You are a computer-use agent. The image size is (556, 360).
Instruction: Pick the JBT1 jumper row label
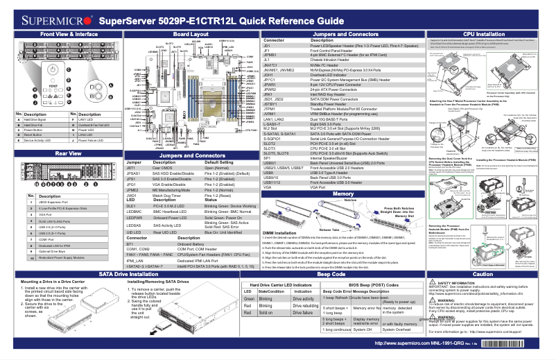[130, 168]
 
